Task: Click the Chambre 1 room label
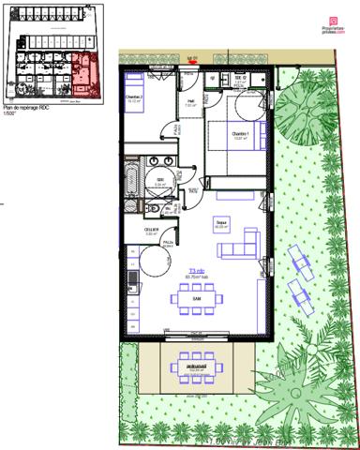click(x=241, y=134)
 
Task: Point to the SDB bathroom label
click(x=159, y=181)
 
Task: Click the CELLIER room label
click(x=149, y=231)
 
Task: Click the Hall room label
click(x=190, y=103)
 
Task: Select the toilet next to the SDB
click(x=153, y=206)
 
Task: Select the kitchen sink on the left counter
click(x=132, y=277)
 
